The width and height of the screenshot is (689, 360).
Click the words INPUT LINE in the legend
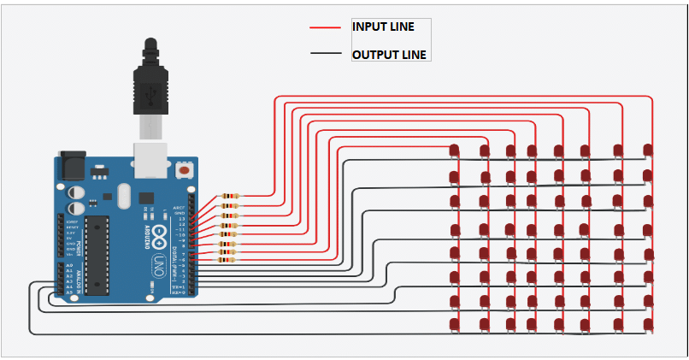click(383, 27)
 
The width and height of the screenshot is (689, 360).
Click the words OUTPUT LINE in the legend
click(389, 55)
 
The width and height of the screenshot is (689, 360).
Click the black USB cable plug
click(151, 81)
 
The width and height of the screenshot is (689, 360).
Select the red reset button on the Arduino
click(183, 171)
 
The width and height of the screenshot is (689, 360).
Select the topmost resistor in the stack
click(228, 196)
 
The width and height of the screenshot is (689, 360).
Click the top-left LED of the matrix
click(454, 151)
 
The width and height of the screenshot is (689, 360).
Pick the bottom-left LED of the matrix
click(454, 324)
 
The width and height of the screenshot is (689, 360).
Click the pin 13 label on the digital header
click(180, 219)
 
